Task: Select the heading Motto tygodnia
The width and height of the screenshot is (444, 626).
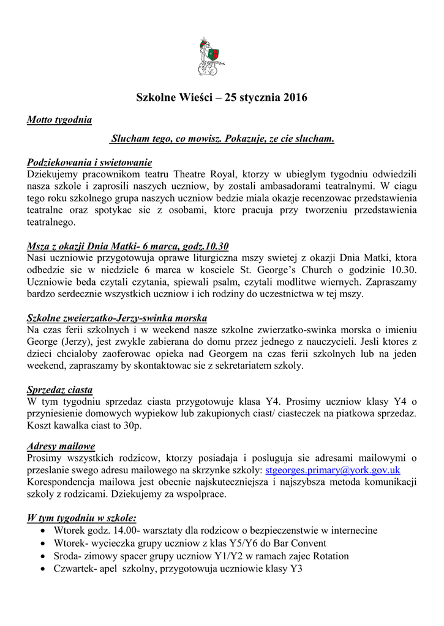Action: coord(59,120)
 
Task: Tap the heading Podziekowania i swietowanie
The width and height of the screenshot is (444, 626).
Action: coord(89,163)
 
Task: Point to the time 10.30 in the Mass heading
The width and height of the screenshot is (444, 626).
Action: coord(217,246)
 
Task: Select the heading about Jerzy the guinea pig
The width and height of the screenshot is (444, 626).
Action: coord(117,318)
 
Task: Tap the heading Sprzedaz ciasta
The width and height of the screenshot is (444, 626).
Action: coord(60,390)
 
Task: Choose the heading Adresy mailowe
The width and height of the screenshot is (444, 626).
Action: coord(61,446)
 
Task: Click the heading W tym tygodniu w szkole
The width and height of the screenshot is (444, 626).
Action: coord(81,518)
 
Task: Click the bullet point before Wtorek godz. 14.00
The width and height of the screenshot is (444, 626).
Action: coord(42,531)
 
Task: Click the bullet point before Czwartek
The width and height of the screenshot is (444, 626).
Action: coord(42,569)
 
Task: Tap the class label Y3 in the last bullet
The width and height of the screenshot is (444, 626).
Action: coord(296,569)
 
